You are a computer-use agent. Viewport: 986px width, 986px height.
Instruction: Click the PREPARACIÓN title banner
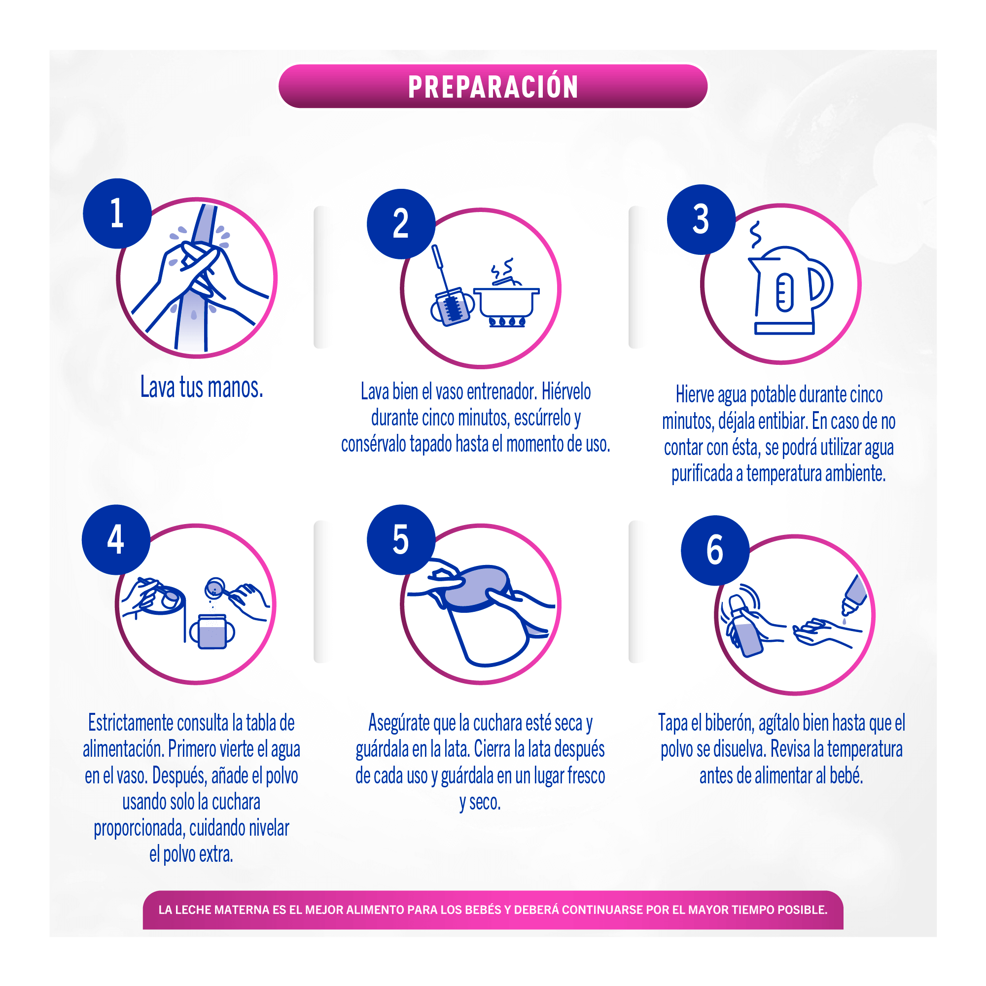(493, 86)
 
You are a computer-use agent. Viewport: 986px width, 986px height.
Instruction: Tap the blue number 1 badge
(117, 213)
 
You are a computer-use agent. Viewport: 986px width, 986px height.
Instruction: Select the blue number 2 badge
(401, 223)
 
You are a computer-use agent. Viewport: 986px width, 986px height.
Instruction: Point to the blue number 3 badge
(701, 219)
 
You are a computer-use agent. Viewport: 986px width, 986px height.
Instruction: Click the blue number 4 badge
(116, 539)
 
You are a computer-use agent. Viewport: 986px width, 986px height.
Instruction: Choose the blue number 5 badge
(401, 539)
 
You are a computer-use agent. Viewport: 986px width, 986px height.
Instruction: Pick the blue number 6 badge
(714, 550)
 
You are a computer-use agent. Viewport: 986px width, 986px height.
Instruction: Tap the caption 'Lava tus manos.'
(202, 387)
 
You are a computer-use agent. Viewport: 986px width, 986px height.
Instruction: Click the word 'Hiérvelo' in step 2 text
(565, 392)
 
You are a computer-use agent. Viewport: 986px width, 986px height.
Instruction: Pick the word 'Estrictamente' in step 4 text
(130, 723)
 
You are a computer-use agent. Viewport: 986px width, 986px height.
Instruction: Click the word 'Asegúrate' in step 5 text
(399, 723)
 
